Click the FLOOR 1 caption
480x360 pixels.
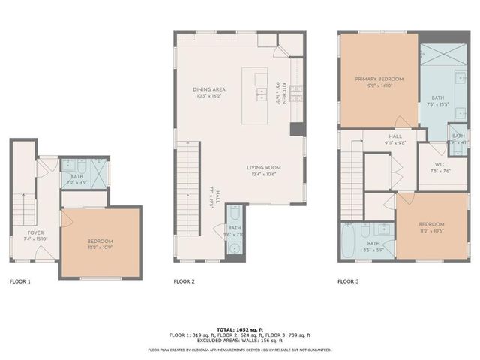(19, 282)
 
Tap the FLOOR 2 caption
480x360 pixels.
(184, 282)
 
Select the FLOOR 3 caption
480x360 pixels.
(348, 282)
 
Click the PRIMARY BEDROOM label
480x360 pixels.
(379, 79)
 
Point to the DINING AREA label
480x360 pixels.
(209, 89)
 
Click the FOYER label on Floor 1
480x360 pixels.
(35, 233)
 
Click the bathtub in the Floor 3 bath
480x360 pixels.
(347, 244)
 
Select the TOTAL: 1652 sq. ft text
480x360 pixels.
(239, 329)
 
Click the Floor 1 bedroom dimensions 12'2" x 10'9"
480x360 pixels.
(100, 247)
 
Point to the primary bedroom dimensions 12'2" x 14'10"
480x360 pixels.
(379, 86)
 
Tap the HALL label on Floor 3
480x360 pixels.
(396, 136)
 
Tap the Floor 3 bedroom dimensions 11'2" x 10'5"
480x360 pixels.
(430, 230)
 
